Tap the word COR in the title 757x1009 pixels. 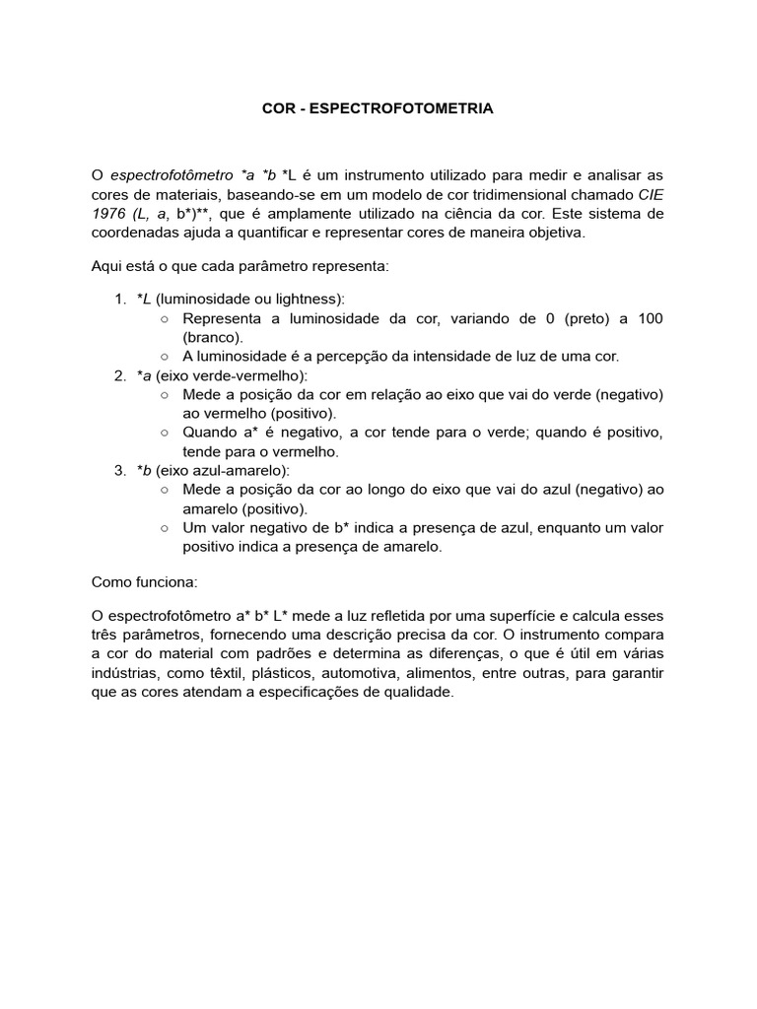278,110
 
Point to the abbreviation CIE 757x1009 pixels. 651,195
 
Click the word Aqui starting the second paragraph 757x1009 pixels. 107,267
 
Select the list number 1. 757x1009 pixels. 119,300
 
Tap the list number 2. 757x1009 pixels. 119,375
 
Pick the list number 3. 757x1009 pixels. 119,471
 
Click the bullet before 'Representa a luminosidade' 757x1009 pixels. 165,318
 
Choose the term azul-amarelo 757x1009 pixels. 240,471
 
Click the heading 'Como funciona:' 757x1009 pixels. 145,581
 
